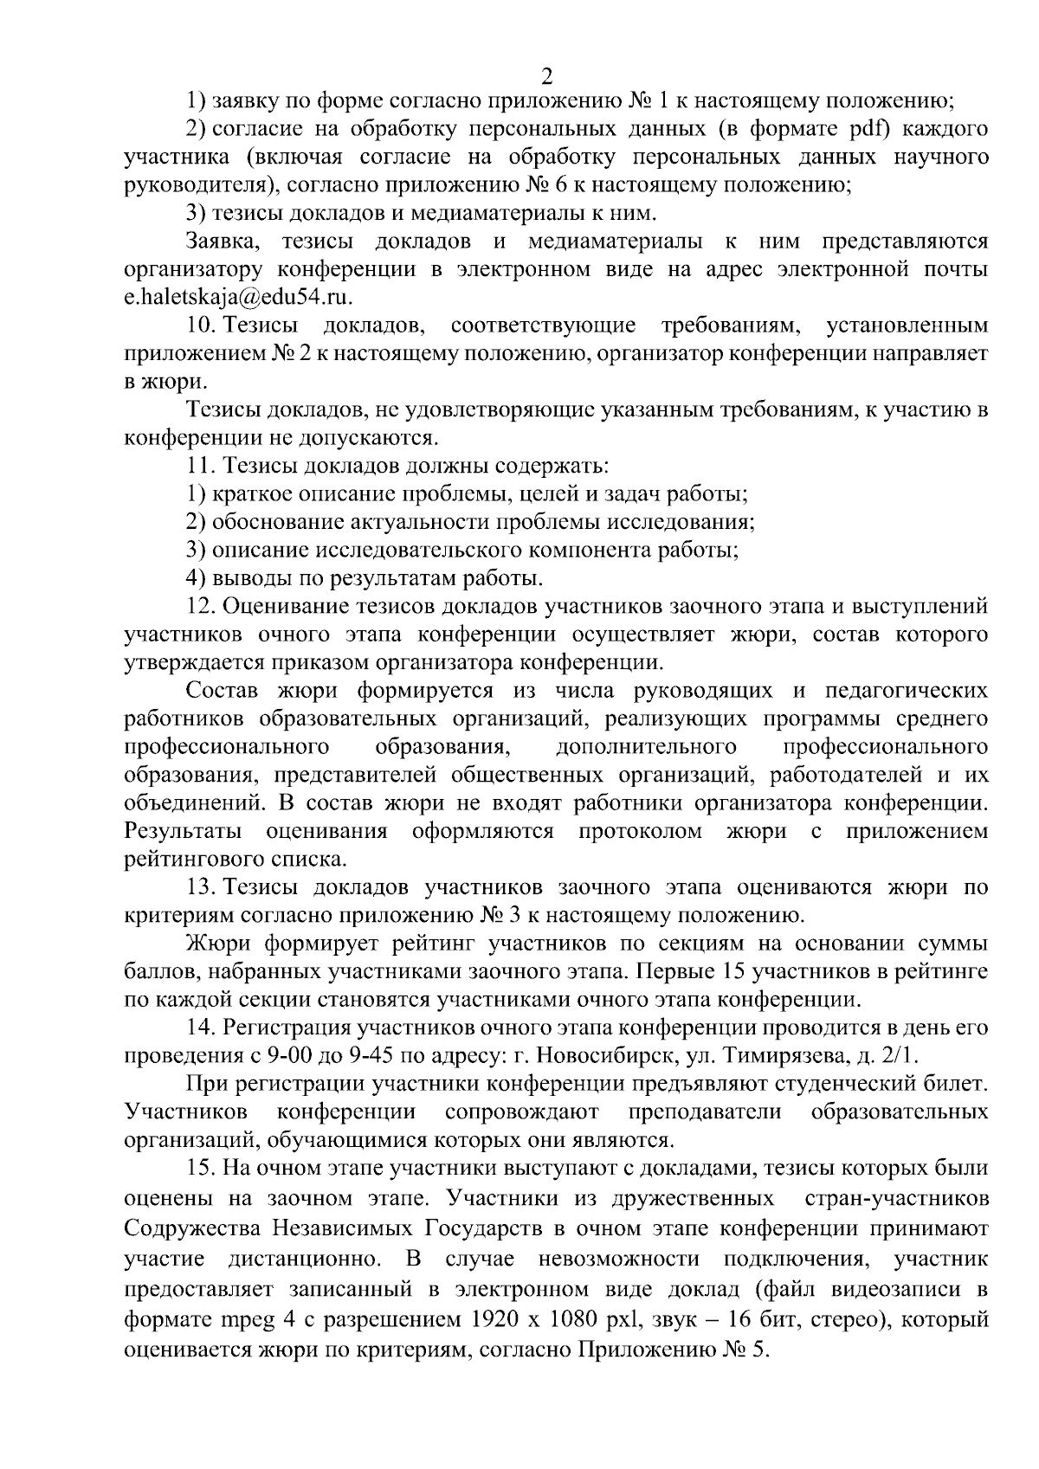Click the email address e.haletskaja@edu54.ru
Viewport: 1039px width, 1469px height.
point(240,298)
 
